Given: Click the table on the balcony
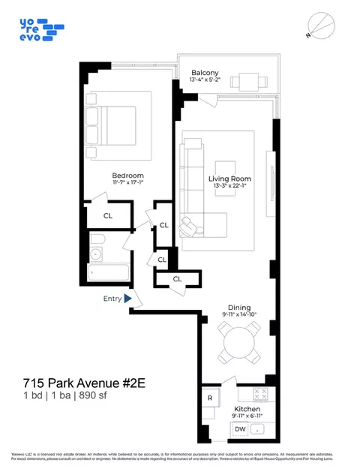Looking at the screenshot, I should click(x=244, y=81).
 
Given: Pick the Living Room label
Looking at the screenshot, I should click(x=229, y=179).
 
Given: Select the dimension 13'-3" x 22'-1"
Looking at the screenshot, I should click(x=229, y=187).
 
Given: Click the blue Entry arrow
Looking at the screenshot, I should click(x=128, y=299).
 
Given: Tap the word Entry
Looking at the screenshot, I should click(x=112, y=299).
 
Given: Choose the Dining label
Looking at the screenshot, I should click(x=239, y=307).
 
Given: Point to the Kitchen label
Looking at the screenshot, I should click(x=247, y=409).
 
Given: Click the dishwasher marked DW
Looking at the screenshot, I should click(x=240, y=428).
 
